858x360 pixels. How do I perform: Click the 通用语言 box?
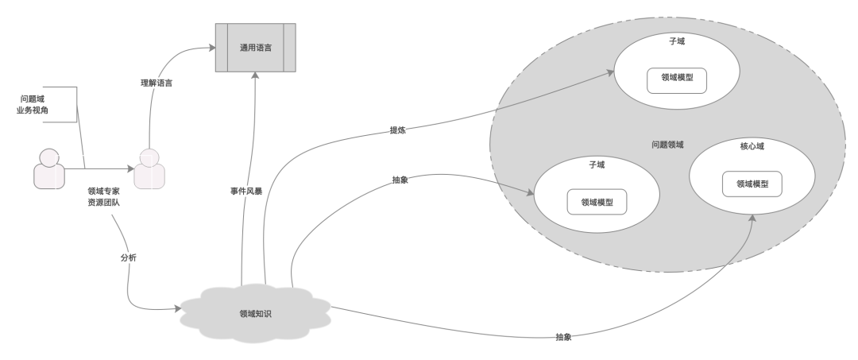pos(256,48)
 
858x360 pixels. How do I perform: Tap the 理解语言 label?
pos(156,83)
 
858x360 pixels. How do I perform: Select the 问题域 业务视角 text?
pos(34,104)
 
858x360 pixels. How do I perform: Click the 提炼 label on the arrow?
pos(397,130)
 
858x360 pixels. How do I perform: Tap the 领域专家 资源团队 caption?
pos(103,197)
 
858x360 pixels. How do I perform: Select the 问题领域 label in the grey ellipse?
pos(667,145)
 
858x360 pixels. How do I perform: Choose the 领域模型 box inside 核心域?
pos(752,184)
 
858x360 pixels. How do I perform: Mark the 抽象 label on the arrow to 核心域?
pos(565,337)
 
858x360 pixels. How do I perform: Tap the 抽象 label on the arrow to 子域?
pos(400,180)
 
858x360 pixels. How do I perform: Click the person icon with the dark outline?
pos(49,168)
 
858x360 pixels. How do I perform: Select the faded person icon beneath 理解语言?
pos(149,168)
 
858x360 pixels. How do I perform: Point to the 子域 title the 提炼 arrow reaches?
pos(677,41)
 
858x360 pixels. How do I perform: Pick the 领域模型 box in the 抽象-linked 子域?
pos(596,202)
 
